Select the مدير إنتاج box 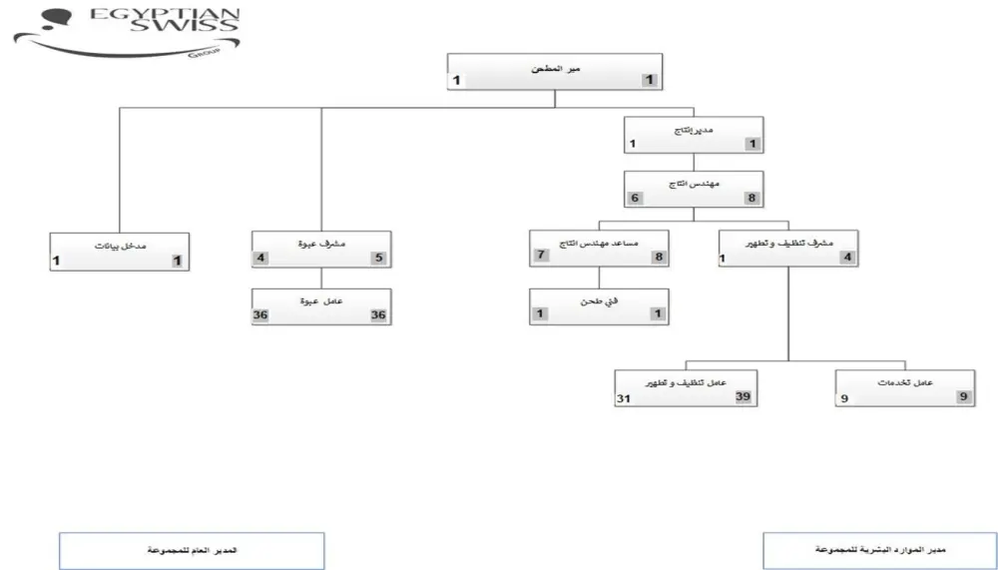tap(693, 136)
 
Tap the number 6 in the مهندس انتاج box tap(634, 199)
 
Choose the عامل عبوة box tap(320, 306)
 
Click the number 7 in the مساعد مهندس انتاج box tap(540, 257)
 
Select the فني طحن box tap(598, 306)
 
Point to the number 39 tap(742, 397)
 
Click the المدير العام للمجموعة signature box tap(192, 550)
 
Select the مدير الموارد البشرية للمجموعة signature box tap(878, 550)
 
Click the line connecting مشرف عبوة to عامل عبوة tap(320, 279)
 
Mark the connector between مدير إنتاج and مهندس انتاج tap(693, 163)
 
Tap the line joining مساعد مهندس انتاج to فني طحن tap(598, 279)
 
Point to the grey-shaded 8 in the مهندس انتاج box tap(751, 199)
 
